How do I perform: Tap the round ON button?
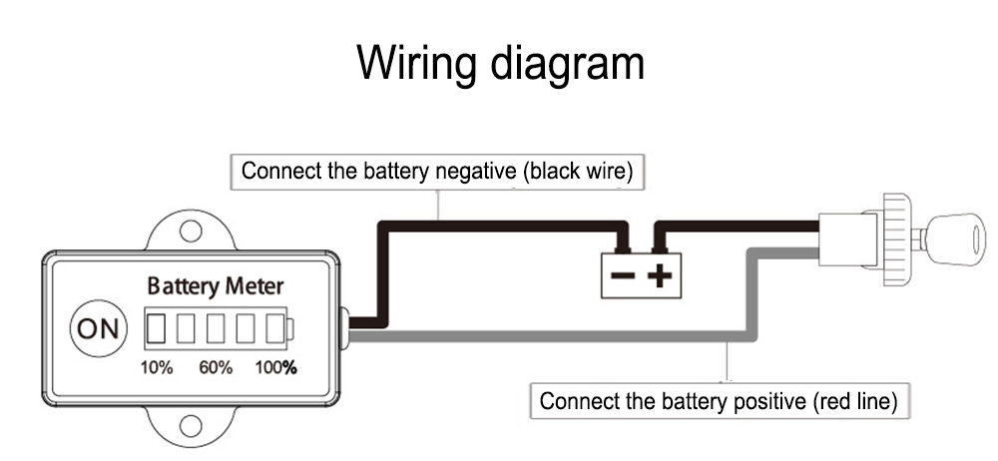click(x=98, y=329)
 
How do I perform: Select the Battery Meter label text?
click(x=216, y=286)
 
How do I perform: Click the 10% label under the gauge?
click(x=156, y=367)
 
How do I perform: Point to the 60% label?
click(x=216, y=367)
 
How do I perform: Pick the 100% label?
click(x=276, y=367)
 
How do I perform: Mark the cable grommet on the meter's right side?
click(x=343, y=327)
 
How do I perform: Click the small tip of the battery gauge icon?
click(x=291, y=328)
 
